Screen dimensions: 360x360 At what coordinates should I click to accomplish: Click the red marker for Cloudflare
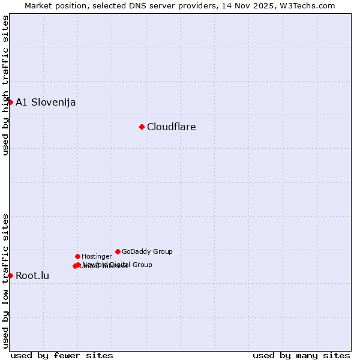click(142, 127)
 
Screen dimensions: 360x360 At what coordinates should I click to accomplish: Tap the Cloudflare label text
click(171, 127)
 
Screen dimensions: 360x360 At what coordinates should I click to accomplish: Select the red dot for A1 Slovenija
click(10, 102)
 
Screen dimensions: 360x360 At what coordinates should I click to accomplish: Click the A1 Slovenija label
click(46, 102)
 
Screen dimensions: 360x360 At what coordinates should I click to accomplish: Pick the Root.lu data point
click(10, 275)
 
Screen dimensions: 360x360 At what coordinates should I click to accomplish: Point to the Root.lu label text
click(32, 276)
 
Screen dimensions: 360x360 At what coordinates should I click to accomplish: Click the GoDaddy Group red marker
click(118, 251)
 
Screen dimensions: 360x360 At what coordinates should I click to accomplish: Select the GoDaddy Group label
click(147, 252)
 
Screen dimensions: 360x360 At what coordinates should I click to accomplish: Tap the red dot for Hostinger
click(77, 256)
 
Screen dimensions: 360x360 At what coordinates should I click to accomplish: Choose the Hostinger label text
click(97, 257)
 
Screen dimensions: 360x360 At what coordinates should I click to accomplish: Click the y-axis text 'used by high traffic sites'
click(5, 85)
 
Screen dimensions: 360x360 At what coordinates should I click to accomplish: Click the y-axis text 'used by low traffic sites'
click(5, 281)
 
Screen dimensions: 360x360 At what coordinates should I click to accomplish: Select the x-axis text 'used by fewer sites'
click(62, 355)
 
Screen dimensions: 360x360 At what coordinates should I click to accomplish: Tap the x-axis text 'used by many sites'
click(301, 355)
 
